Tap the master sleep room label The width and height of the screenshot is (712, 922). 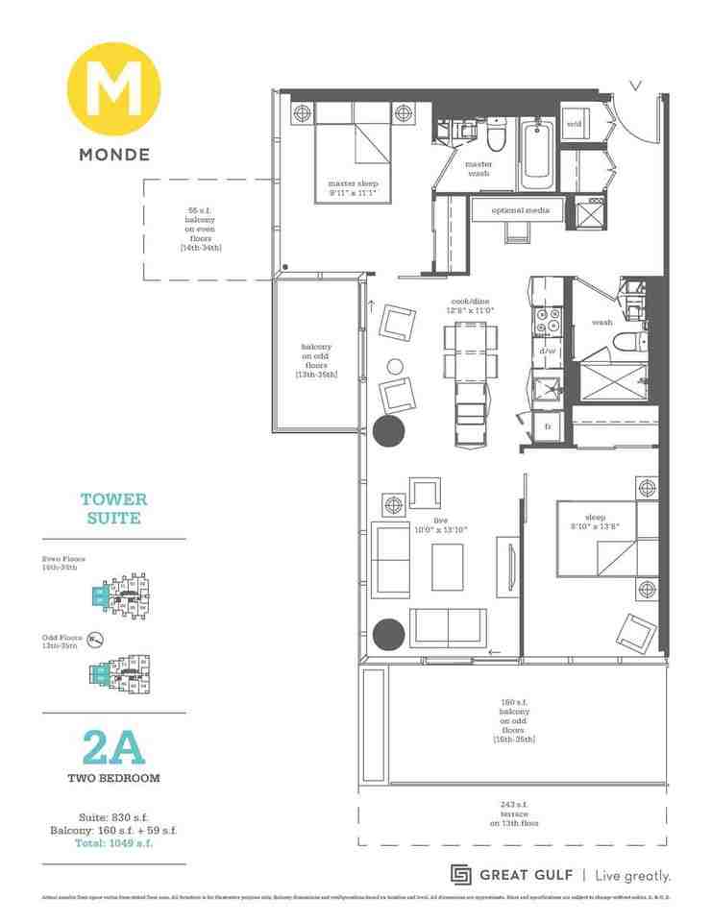pos(349,188)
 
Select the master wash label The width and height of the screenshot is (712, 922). pos(479,169)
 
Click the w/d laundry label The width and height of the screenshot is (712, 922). pos(575,124)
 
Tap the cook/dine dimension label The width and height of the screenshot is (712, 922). pos(471,305)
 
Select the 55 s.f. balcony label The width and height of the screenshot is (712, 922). pos(200,229)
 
